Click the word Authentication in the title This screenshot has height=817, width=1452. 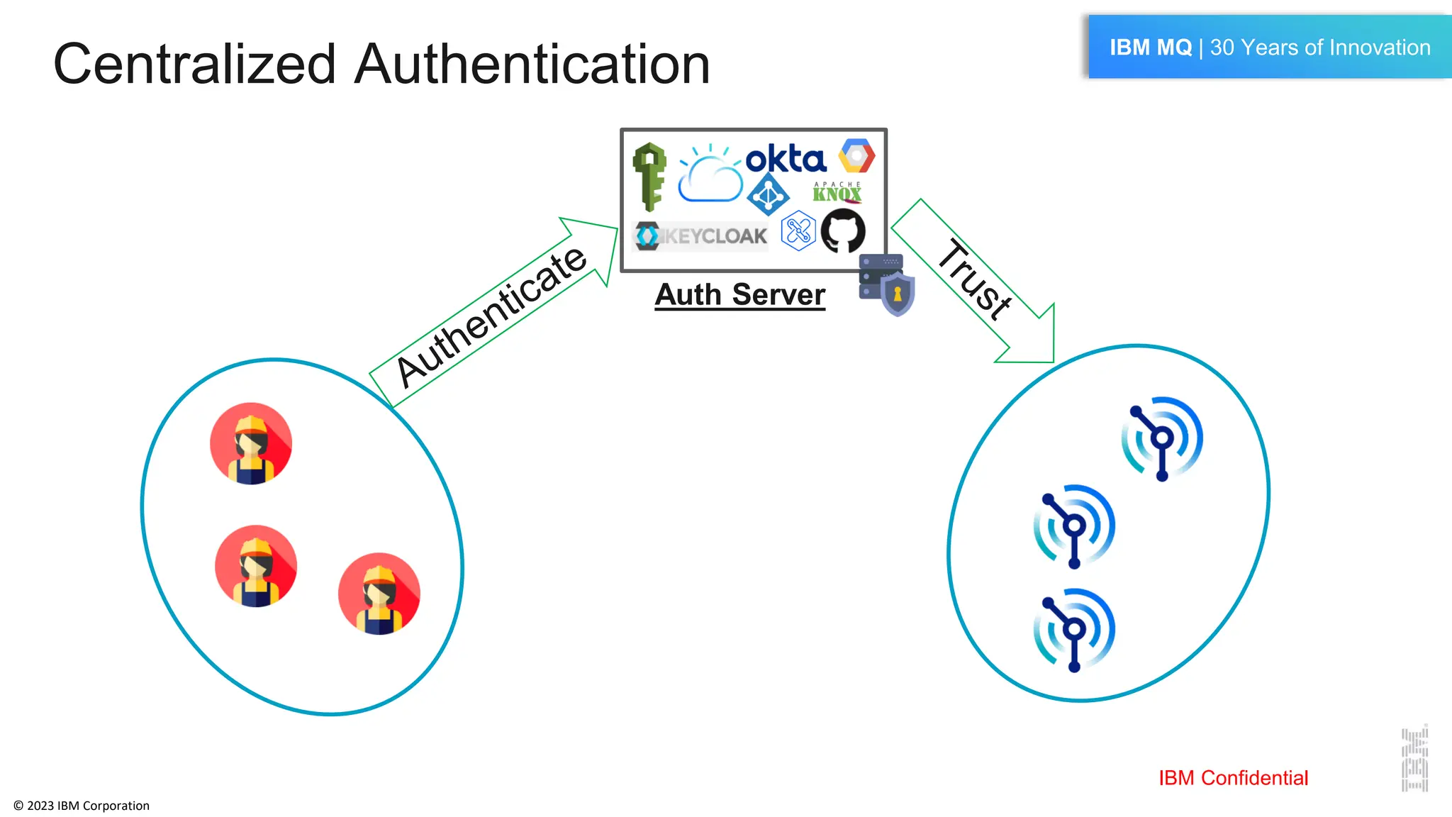[532, 64]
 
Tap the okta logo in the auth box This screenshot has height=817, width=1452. [786, 159]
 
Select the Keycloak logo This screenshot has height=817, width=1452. [700, 236]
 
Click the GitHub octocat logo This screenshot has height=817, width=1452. [843, 230]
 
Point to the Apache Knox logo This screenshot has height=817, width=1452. [837, 192]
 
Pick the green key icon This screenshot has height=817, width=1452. [649, 177]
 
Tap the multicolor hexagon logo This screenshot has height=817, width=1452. [856, 155]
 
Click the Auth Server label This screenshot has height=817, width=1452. [739, 294]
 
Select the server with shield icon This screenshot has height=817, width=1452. [886, 284]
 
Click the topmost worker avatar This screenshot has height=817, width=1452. [251, 443]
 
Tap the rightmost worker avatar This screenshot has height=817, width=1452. [379, 594]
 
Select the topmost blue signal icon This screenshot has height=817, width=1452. [1161, 438]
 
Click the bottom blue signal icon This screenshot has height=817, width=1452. [1073, 630]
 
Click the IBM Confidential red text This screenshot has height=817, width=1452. [1233, 778]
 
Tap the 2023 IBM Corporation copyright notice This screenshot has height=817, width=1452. [82, 806]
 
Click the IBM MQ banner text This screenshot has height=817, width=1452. [1269, 48]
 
